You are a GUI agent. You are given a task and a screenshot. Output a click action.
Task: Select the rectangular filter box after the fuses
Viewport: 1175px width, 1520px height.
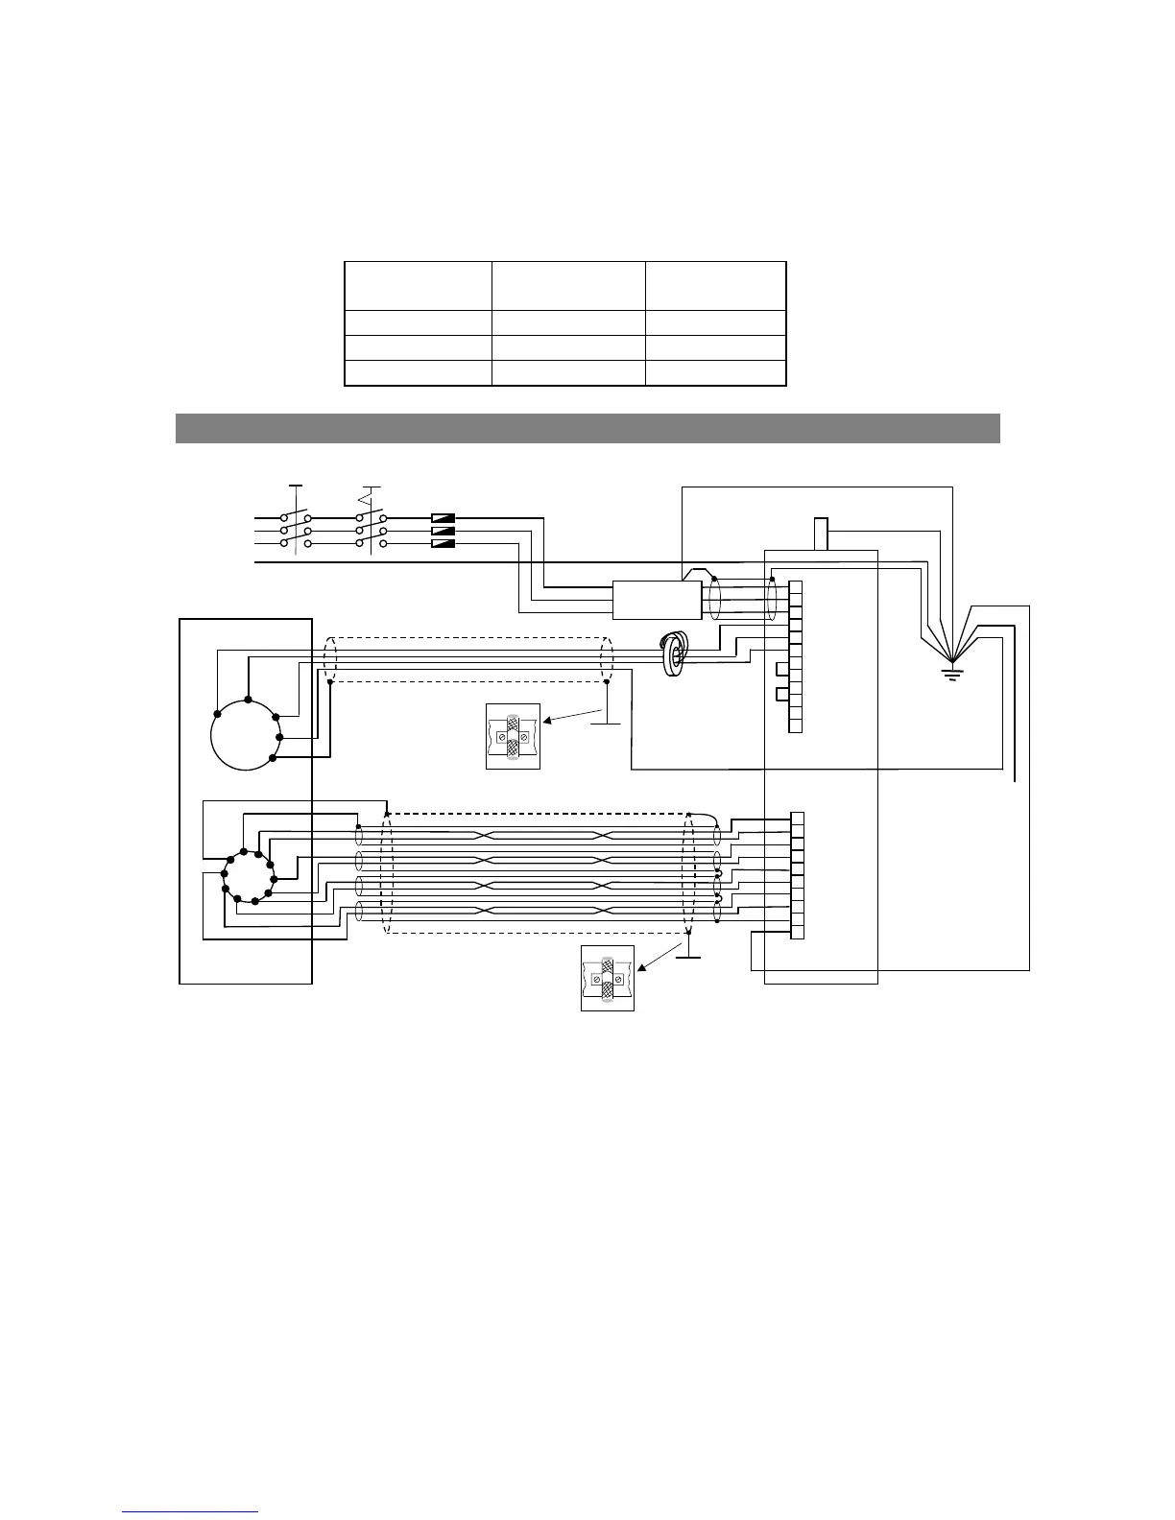coord(657,601)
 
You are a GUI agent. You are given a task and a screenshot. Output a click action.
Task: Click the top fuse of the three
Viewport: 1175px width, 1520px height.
coord(443,518)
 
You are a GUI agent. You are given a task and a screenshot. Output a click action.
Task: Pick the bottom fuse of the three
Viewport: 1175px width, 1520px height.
coord(443,543)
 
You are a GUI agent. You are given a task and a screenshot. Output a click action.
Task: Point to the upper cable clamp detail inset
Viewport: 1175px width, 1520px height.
coord(513,736)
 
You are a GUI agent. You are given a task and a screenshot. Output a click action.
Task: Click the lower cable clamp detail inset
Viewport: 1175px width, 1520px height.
coord(608,978)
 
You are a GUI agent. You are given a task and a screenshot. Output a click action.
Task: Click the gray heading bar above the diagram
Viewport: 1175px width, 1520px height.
coord(587,428)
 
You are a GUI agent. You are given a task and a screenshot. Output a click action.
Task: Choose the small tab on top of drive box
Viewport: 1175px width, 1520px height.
coord(821,534)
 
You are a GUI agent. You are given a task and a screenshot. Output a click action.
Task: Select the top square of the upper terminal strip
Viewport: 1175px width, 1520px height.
coord(795,588)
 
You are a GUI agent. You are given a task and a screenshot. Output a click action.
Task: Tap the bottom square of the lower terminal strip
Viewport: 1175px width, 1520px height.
coord(797,932)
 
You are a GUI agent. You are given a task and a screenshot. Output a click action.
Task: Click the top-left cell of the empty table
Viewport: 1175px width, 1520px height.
coord(418,285)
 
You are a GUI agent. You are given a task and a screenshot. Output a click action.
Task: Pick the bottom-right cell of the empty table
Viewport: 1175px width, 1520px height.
coord(715,373)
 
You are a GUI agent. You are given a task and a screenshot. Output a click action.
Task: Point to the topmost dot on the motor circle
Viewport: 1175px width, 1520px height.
coord(248,701)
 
